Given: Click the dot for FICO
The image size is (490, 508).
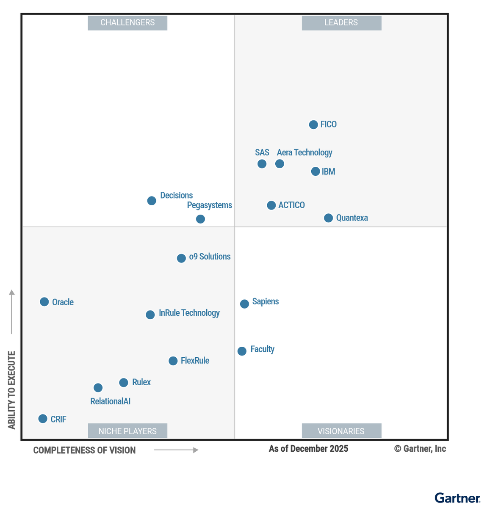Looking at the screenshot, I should (313, 124).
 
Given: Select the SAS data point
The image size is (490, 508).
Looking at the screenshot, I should (262, 164).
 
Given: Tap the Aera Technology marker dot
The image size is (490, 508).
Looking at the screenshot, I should (280, 164).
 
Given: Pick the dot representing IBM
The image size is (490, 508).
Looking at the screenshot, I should (316, 171).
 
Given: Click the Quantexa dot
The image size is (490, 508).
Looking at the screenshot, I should (328, 218).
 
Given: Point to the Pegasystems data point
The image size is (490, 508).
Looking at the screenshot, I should (201, 219).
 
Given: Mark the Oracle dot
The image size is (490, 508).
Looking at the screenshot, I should (44, 302).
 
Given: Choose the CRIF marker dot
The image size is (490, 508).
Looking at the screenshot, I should (43, 419).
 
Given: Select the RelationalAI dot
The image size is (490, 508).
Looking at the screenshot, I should (98, 388).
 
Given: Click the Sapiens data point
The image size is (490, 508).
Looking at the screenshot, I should (244, 304).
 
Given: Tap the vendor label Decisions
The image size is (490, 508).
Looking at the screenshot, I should (176, 196).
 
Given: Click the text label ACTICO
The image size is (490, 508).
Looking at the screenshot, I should (291, 205).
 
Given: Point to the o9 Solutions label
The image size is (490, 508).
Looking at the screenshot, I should (210, 257).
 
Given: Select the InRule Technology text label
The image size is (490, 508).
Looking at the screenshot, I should (189, 313).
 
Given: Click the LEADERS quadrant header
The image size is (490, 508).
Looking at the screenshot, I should (341, 23).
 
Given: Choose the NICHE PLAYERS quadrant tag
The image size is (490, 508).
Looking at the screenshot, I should (127, 431).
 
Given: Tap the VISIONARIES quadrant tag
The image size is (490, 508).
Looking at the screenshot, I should (341, 431).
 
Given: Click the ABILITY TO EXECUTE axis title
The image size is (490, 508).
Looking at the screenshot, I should (12, 390).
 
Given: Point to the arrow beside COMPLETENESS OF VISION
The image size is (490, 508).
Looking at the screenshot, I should (176, 450).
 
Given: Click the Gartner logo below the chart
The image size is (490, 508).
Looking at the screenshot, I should (457, 498).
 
